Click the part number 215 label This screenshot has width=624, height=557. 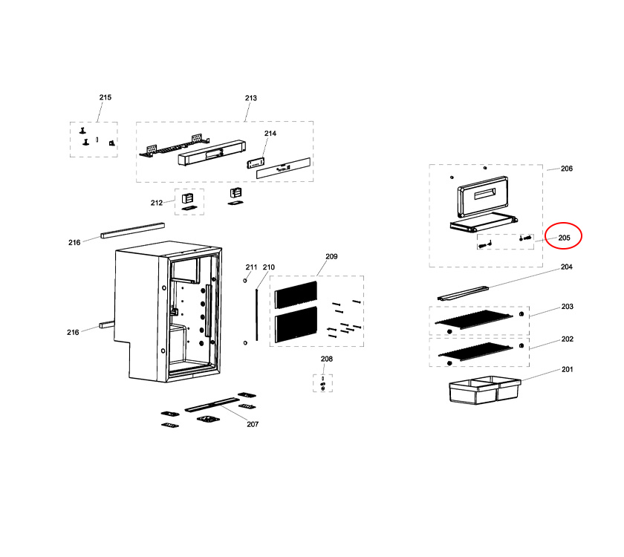(105, 98)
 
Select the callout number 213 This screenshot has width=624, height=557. (250, 98)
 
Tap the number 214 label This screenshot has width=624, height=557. (270, 134)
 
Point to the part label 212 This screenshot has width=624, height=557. (156, 203)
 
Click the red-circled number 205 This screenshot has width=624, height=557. (564, 238)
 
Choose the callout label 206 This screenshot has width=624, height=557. (566, 169)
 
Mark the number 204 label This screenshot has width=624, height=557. (566, 267)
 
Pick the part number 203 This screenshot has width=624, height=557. (567, 307)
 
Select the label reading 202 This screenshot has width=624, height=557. (567, 339)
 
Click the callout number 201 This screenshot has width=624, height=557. (567, 369)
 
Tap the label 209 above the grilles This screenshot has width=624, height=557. (331, 256)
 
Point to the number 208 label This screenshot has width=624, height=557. (326, 359)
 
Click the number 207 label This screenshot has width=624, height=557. (253, 424)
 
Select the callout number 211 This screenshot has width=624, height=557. (251, 267)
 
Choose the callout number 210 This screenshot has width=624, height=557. (268, 267)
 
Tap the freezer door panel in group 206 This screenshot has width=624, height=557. (484, 196)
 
